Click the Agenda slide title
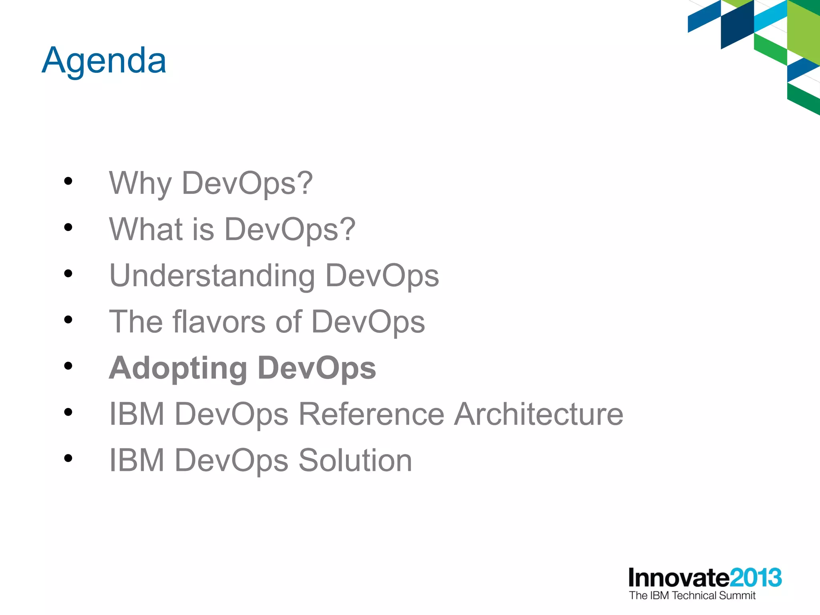coord(104,61)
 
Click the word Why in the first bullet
coord(141,183)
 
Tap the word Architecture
coord(539,414)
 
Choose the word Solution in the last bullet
coord(355,460)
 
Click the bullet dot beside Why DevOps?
coord(68,181)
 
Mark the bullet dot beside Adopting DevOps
coord(68,366)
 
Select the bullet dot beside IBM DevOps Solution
coord(68,458)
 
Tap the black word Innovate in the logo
coord(679,578)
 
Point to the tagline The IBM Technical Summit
coord(692,596)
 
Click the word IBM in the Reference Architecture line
coord(137,414)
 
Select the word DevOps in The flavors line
coord(368,322)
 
